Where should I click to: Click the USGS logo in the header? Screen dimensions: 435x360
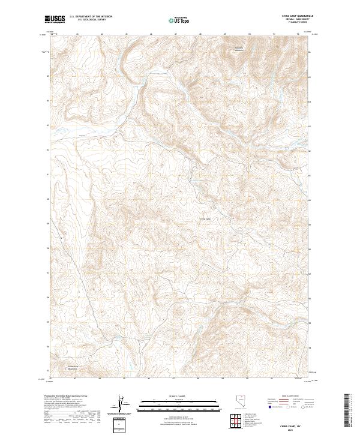click(55, 19)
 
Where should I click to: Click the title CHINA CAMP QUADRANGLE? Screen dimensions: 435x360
click(290, 16)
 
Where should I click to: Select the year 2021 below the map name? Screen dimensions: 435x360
click(290, 430)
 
